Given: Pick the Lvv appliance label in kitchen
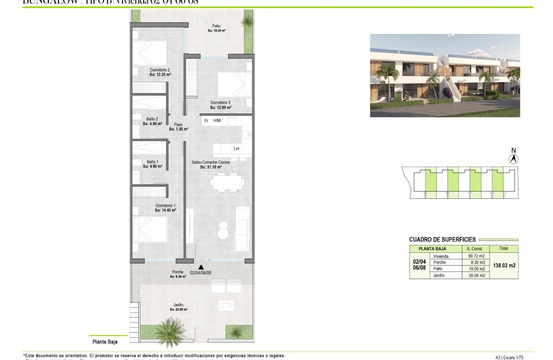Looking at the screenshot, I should [236, 149].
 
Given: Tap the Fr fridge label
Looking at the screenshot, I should [206, 121].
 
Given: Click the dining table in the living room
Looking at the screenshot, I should [227, 182].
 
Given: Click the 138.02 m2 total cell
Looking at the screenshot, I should [503, 265].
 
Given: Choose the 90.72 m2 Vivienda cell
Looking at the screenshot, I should [476, 256].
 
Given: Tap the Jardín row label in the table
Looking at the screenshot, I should [439, 276].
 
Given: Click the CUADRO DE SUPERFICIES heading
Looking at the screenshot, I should [442, 240].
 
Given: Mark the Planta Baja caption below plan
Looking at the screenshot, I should [105, 342].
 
